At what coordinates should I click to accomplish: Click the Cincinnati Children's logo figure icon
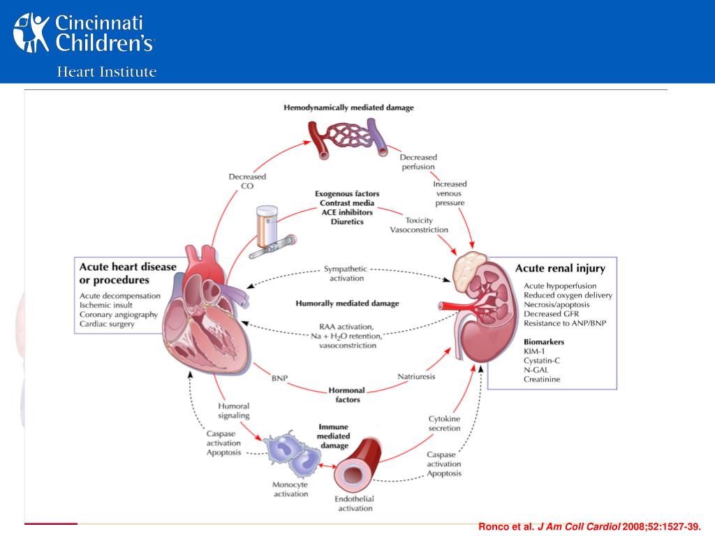pos(31,32)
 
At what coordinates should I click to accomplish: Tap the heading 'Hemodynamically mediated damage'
pos(349,107)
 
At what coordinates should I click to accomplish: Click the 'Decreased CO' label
pos(247,181)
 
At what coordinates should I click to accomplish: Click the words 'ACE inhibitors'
pos(347,212)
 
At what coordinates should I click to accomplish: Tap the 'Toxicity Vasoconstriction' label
pos(419,225)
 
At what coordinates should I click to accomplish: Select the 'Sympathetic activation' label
pos(346,274)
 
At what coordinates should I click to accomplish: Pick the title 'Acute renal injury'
pos(561,269)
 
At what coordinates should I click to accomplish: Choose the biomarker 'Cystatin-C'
pos(542,361)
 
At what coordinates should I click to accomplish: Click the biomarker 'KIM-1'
pos(534,351)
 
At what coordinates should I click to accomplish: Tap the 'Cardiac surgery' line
pos(107,324)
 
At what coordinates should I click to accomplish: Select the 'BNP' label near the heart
pos(279,378)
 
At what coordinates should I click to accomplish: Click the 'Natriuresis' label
pos(416,376)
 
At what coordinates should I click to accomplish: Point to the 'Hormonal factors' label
pos(347,395)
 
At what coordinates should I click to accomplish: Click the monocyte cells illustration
pos(293,452)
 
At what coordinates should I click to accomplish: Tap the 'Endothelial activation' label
pos(355,504)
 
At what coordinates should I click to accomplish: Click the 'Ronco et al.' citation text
pos(506,526)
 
